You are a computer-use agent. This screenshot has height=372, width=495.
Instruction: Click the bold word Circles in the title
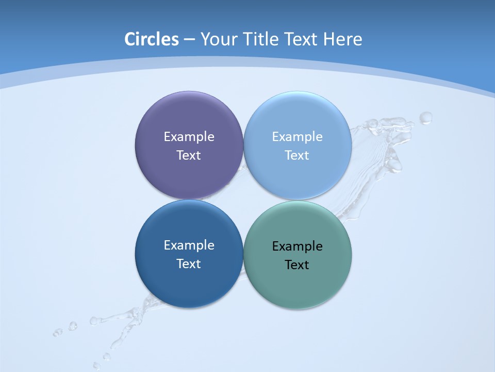pos(152,39)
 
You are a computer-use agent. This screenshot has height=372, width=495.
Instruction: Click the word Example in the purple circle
pos(189,137)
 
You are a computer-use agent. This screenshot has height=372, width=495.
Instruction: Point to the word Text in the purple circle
pos(189,156)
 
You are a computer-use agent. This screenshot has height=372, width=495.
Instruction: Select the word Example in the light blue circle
pos(297,137)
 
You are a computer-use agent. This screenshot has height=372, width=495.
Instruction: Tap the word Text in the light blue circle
pos(297,156)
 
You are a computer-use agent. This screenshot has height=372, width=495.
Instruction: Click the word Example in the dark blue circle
pos(189,245)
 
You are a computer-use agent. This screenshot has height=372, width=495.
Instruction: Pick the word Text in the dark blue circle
pos(189,264)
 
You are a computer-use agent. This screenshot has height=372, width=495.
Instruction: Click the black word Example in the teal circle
pos(297,246)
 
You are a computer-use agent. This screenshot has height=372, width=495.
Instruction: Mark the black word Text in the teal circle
pos(297,265)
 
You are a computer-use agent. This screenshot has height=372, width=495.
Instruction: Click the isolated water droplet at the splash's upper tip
pos(425,118)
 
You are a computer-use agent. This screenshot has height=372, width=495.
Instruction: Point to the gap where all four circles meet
pos(243,200)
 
